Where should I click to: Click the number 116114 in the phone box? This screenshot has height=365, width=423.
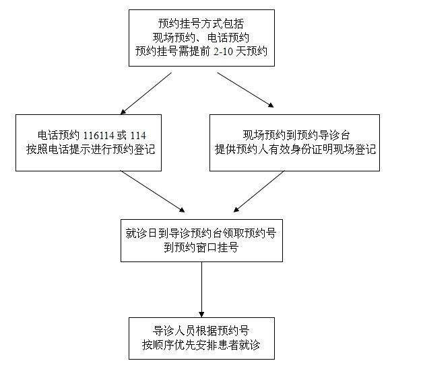[x=98, y=135]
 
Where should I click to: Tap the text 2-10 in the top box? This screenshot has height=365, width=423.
[x=223, y=51]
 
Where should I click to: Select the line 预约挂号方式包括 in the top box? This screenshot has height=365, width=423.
[x=201, y=24]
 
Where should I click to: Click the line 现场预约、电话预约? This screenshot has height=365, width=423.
[x=201, y=38]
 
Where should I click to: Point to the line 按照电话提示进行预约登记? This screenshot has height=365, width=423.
[x=91, y=149]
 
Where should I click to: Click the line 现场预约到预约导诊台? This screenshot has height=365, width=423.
[x=296, y=135]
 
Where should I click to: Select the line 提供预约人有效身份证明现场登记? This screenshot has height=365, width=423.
[x=295, y=149]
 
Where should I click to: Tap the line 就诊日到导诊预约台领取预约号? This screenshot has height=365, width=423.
[x=201, y=233]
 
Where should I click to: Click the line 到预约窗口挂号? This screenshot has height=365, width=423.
[x=201, y=247]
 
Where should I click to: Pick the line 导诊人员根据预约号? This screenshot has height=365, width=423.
[x=201, y=331]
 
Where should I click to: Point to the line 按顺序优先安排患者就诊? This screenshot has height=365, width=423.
[x=201, y=345]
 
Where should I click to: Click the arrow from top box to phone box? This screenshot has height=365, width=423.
[x=146, y=93]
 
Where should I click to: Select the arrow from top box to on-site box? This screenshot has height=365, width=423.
[x=245, y=90]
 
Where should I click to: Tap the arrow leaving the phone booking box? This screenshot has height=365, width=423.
[x=153, y=192]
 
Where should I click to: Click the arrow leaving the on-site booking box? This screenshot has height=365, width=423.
[x=259, y=192]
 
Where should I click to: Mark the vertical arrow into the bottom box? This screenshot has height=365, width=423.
[x=201, y=290]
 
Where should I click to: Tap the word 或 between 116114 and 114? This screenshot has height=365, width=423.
[x=122, y=135]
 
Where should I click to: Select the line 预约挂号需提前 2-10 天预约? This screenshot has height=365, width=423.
[x=201, y=51]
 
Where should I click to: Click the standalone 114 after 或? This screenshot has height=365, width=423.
[x=138, y=135]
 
